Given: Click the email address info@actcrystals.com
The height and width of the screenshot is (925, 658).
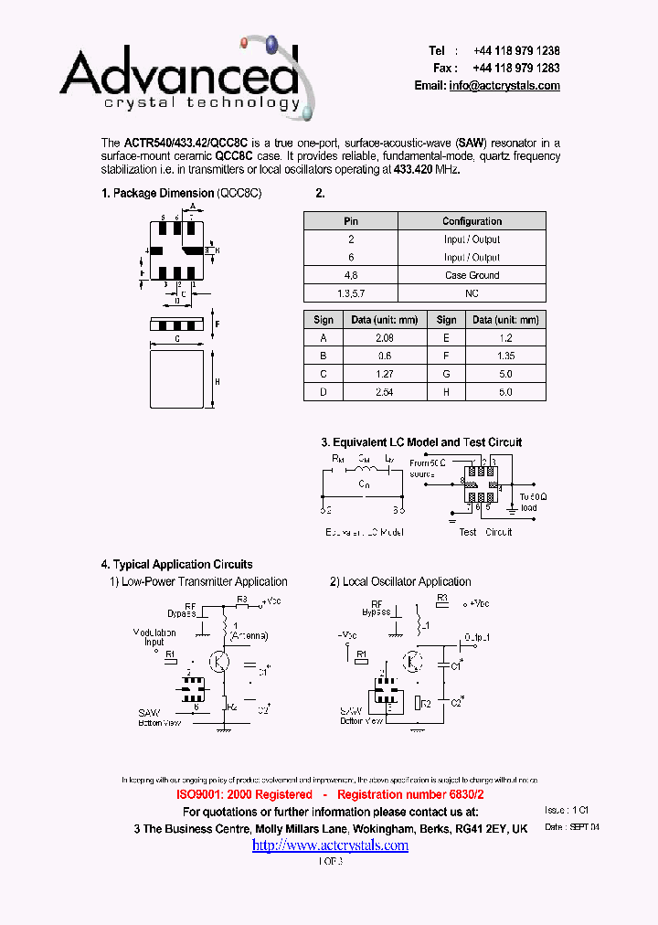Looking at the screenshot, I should pyautogui.click(x=504, y=85).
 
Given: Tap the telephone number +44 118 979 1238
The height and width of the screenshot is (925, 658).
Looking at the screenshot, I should pyautogui.click(x=516, y=51).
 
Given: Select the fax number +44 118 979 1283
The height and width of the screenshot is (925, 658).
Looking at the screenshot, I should pyautogui.click(x=516, y=69).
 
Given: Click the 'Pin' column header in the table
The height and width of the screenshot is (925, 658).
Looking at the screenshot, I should pyautogui.click(x=351, y=221).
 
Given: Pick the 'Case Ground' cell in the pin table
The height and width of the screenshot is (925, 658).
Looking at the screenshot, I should pyautogui.click(x=472, y=275).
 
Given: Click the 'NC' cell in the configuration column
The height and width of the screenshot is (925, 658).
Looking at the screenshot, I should pyautogui.click(x=472, y=293).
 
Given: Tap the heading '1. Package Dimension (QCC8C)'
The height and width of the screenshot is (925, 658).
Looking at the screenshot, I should pyautogui.click(x=181, y=194).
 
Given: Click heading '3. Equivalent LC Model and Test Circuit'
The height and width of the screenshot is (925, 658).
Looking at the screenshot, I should pyautogui.click(x=421, y=442).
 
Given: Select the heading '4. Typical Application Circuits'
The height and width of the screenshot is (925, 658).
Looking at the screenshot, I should pyautogui.click(x=176, y=564).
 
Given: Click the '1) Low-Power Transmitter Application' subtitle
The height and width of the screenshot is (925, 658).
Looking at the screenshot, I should pyautogui.click(x=198, y=581).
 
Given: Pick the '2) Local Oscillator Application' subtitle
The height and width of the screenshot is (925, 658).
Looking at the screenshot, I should pyautogui.click(x=400, y=581).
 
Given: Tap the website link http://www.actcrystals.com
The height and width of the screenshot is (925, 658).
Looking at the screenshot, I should pyautogui.click(x=330, y=845).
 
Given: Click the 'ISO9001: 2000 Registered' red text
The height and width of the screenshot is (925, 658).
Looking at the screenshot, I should pyautogui.click(x=244, y=796).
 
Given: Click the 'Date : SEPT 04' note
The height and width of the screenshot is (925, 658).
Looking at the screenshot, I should pyautogui.click(x=572, y=826).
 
